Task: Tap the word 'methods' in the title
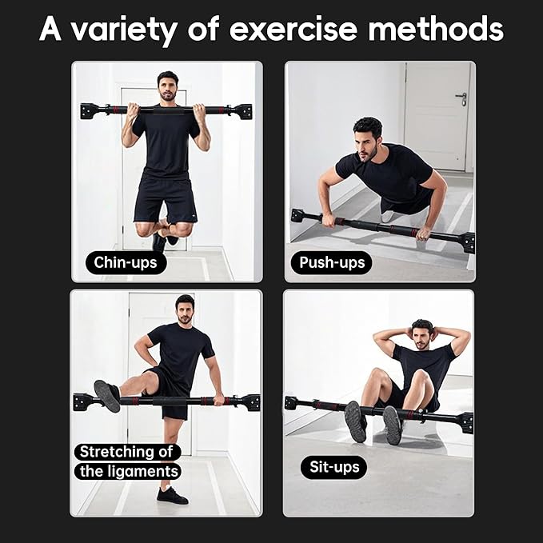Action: pos(435,30)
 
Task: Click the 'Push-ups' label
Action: pos(331,262)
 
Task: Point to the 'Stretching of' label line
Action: pos(126,452)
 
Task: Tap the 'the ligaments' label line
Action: pos(128,471)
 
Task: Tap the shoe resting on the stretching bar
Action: pos(107,395)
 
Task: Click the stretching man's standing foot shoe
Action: pos(173,496)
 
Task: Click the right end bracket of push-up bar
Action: pos(466,242)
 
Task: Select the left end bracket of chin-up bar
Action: pos(88,111)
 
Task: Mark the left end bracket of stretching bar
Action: pos(82,401)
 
